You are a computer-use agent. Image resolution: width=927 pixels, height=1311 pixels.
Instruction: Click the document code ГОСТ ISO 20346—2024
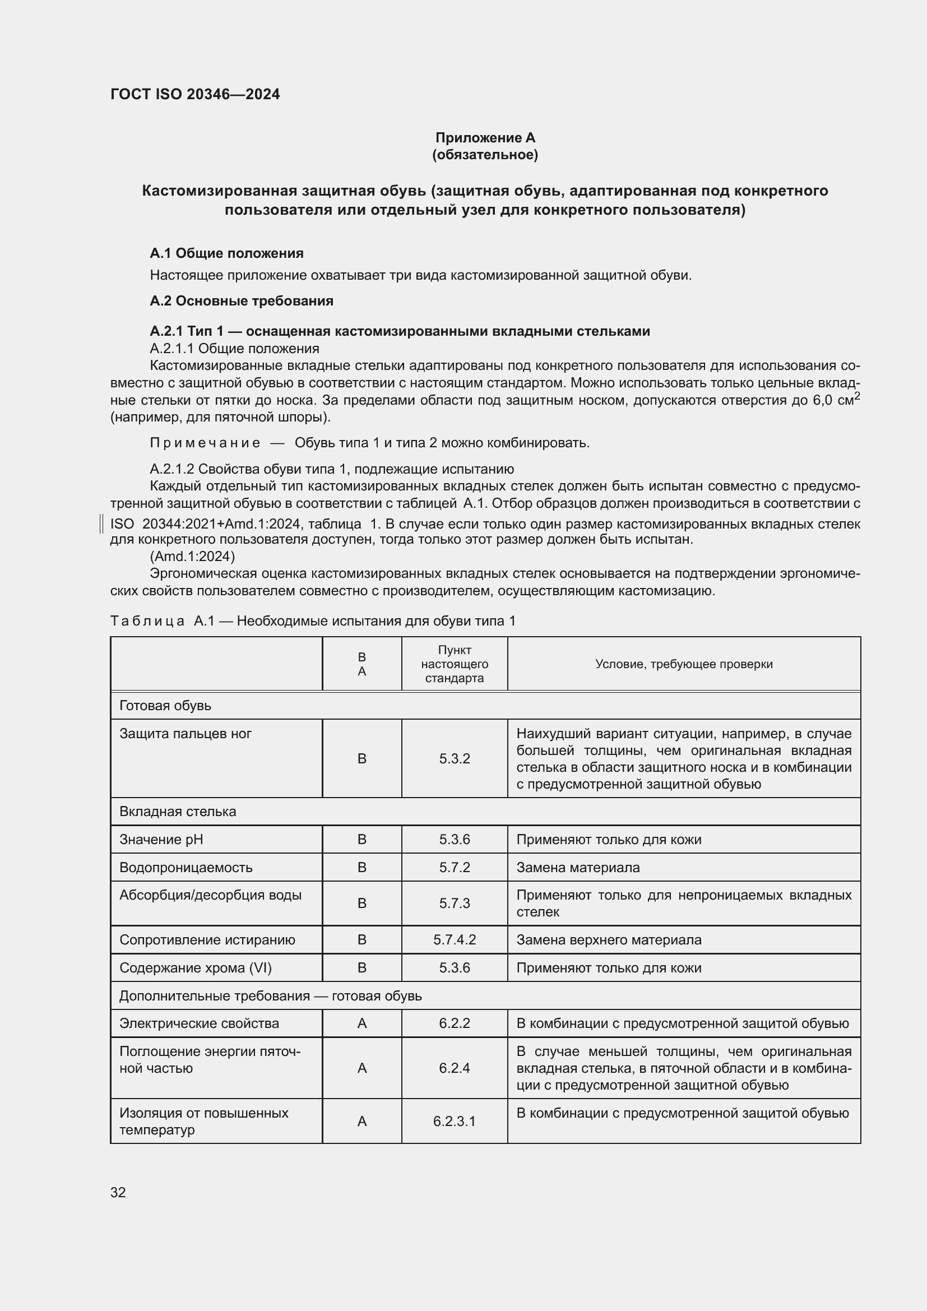point(194,95)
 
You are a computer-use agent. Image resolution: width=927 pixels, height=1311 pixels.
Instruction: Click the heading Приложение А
point(485,138)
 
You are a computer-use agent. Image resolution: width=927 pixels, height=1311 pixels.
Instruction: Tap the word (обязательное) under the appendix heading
point(485,155)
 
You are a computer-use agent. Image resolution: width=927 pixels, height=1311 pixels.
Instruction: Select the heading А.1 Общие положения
point(226,253)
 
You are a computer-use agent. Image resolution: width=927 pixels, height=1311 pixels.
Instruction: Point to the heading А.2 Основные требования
point(242,301)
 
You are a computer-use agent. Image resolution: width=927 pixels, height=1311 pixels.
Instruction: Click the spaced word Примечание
point(205,443)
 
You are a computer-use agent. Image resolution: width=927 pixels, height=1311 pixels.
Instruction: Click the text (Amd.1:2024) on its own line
point(192,556)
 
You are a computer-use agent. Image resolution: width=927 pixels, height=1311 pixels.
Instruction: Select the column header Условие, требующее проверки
point(683,664)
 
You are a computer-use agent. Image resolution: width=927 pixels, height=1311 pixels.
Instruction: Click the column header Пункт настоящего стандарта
point(455,664)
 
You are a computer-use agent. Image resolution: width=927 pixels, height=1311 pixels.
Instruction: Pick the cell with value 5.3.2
point(455,758)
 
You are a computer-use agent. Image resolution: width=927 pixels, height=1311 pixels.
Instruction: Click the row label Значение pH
point(161,840)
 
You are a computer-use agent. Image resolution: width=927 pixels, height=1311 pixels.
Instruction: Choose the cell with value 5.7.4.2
point(455,940)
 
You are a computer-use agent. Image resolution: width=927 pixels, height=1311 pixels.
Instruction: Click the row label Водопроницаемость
point(186,867)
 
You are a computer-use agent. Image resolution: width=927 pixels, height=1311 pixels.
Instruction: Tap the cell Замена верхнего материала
point(609,940)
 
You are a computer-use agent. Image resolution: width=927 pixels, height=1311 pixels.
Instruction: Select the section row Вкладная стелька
point(178,812)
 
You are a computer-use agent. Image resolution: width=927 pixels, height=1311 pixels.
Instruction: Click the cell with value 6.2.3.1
point(455,1121)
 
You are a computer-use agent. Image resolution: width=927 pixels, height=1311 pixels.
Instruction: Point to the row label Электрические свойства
point(199,1023)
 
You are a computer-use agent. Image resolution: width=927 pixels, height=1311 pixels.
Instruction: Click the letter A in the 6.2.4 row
point(362,1068)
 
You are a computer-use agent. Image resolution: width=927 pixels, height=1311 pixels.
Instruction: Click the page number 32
point(118,1192)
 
